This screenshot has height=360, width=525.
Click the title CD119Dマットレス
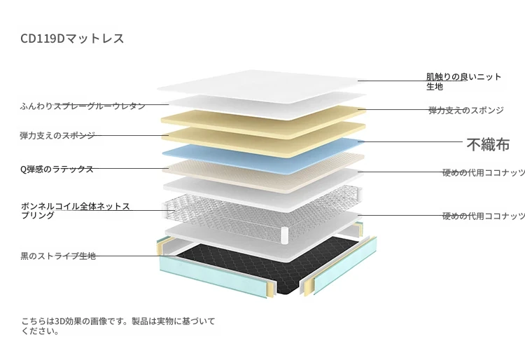pos(72,39)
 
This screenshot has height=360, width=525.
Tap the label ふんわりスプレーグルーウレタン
pos(83,106)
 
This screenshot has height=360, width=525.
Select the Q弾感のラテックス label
pos(57,169)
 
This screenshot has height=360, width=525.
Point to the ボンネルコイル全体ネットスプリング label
pos(76,211)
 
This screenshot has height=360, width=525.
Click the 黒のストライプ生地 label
pos(58,256)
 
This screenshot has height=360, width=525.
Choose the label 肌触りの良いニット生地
pos(463,82)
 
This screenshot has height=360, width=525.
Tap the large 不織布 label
pos(488,145)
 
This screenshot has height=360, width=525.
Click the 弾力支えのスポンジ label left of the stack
pos(57,136)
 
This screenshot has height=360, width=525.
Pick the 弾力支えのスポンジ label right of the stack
pos(466,110)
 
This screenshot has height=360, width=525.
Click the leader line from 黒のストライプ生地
pos(132,256)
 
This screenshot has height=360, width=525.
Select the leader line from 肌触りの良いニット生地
pos(412,81)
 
